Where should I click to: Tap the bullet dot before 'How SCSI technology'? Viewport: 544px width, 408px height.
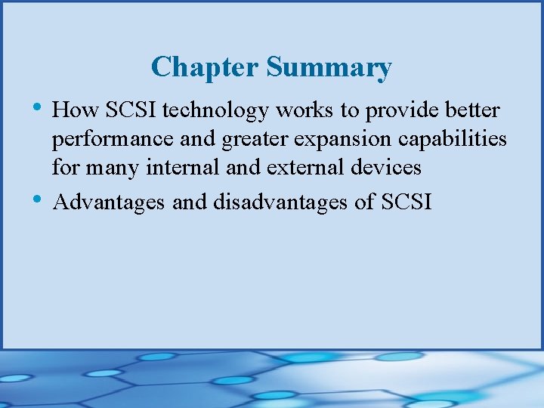pos(39,107)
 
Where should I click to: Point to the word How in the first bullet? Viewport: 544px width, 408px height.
pos(73,111)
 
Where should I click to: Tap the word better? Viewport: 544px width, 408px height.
pos(472,111)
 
